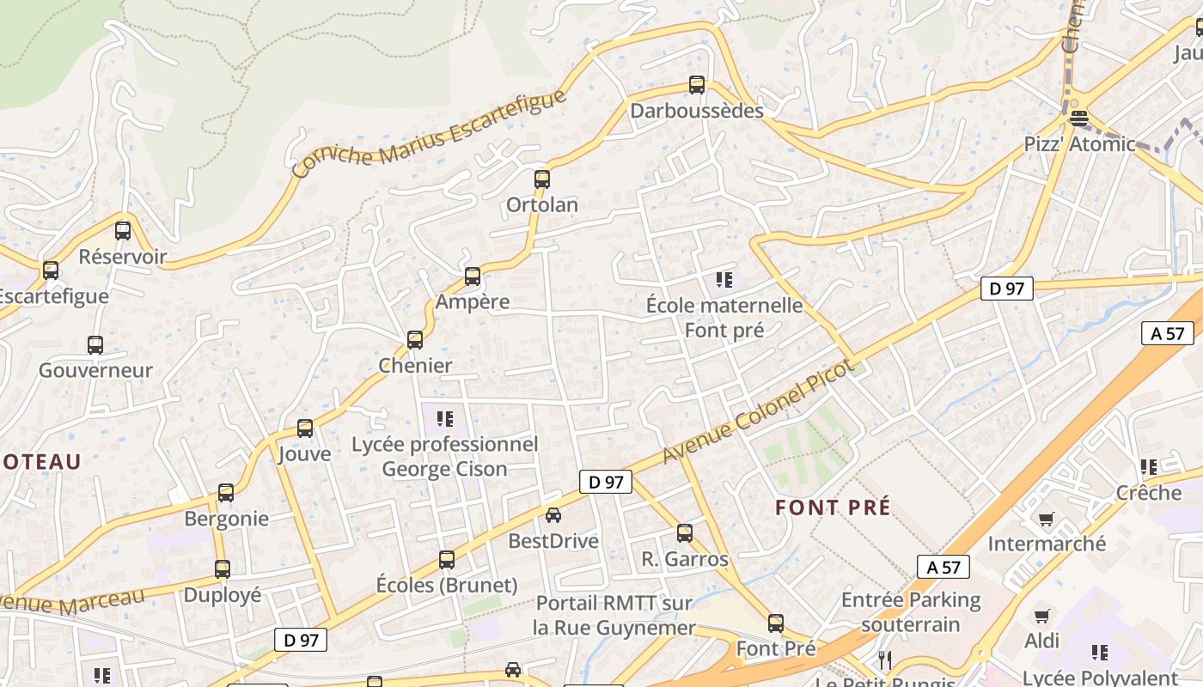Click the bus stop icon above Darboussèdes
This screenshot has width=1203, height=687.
[x=697, y=85]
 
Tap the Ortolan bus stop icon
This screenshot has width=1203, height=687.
[x=542, y=179]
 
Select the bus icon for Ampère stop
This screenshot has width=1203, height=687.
[x=473, y=277]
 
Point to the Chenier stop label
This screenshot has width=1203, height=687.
[x=415, y=365]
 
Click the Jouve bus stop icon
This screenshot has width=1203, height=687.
[x=305, y=429]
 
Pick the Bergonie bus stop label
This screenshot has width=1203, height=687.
[x=227, y=519]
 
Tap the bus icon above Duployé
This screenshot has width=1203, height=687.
[x=223, y=568]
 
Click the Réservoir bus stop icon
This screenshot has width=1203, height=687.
[x=123, y=230]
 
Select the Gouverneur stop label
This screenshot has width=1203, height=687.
[x=95, y=370]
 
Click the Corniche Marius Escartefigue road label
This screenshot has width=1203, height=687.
[x=430, y=132]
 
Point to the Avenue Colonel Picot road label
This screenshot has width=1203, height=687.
[x=757, y=411]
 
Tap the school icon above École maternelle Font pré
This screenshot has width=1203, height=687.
[x=724, y=279]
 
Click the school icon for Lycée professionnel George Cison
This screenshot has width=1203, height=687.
[x=444, y=419]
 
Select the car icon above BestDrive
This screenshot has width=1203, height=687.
[x=553, y=515]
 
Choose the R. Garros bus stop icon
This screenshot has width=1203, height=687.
[x=685, y=533]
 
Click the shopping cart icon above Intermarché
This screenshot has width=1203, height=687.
[x=1046, y=519]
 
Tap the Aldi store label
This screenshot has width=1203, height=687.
[x=1041, y=641]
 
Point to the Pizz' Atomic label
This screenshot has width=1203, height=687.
[x=1079, y=143]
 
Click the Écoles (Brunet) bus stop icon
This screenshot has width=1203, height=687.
[x=447, y=560]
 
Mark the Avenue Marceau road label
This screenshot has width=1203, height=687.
[x=72, y=599]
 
